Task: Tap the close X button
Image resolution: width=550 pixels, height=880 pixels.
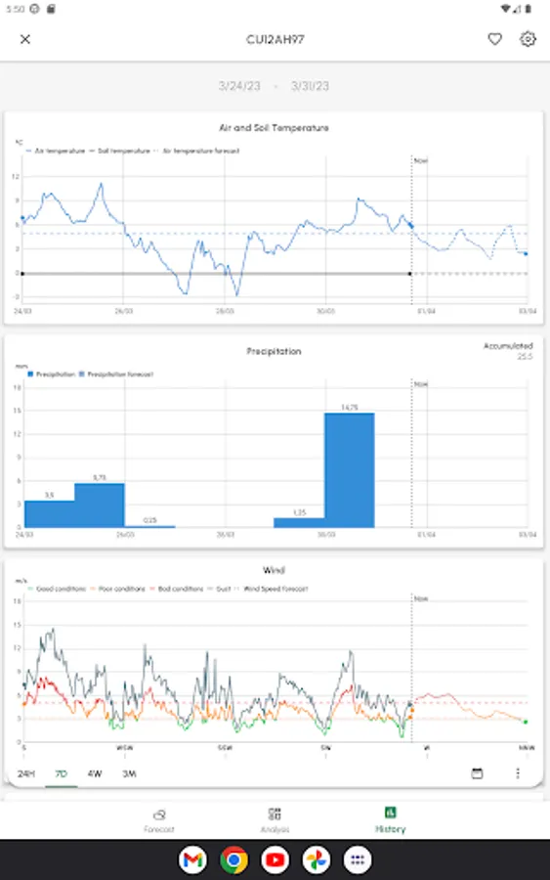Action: pos(25,39)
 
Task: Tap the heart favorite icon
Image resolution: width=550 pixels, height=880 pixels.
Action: pos(495,39)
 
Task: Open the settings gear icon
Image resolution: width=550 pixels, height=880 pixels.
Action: pos(528,39)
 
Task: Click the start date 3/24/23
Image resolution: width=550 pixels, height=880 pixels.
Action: pos(238,86)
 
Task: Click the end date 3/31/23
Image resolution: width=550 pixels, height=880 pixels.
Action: pos(310,86)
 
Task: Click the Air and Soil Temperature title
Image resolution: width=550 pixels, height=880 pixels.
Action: pos(274,127)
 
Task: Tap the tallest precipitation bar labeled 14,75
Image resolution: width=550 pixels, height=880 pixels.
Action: pos(349,469)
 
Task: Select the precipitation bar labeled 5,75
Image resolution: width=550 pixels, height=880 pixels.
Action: pos(99,505)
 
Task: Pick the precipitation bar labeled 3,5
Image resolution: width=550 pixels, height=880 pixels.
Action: pos(49,513)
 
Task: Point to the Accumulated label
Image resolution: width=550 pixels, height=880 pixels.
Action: pos(508,346)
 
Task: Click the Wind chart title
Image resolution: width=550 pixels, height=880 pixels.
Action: pos(274,570)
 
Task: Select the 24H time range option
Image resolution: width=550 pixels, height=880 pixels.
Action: pos(25,773)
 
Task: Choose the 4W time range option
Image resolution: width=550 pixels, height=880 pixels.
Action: pos(95,773)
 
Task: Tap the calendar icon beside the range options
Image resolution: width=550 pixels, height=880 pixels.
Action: pos(478,773)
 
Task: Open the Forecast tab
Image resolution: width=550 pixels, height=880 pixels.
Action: pos(159,819)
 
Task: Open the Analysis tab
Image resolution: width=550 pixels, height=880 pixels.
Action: pos(275,819)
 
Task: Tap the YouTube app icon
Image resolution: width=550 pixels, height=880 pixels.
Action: pos(275,860)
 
